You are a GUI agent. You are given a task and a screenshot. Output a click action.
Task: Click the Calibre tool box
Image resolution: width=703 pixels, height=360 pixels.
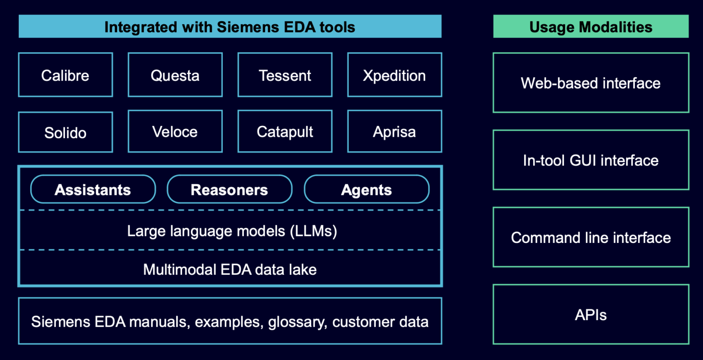click(x=65, y=75)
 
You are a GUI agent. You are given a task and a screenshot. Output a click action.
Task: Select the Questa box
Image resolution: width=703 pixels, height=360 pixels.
click(x=175, y=75)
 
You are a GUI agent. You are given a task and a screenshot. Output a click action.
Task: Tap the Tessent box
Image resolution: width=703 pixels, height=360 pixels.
click(x=285, y=75)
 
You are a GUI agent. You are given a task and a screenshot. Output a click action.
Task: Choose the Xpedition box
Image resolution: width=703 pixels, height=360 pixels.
click(x=394, y=75)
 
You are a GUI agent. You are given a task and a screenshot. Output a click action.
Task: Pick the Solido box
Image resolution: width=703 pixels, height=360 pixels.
click(x=65, y=132)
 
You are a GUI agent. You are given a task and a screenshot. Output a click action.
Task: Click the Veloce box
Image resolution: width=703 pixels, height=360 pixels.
click(x=175, y=132)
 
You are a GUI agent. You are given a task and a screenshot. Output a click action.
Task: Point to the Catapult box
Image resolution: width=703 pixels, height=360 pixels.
click(x=285, y=132)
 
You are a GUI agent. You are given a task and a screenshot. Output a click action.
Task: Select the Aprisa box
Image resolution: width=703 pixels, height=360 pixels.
click(x=394, y=132)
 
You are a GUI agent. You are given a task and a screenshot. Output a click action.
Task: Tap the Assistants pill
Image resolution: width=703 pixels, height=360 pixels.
click(x=93, y=189)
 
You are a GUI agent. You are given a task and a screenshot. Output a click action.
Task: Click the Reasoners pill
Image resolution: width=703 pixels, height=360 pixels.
click(x=229, y=189)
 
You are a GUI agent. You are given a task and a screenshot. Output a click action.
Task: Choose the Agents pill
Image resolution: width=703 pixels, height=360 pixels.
click(x=366, y=189)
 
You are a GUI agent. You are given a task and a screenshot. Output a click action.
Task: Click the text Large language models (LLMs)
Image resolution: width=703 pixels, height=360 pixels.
click(x=232, y=231)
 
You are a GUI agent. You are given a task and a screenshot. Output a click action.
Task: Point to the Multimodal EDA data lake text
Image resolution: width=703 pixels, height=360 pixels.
click(x=230, y=269)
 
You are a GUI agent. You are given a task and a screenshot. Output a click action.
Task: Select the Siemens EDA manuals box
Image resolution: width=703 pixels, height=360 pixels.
click(x=230, y=321)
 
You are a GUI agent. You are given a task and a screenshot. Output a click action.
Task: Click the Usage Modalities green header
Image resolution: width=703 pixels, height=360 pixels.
click(x=590, y=27)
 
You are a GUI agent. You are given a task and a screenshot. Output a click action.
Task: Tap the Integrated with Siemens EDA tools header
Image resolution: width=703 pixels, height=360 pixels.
click(x=230, y=27)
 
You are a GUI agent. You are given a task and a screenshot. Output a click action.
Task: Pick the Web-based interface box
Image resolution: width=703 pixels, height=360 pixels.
click(x=590, y=83)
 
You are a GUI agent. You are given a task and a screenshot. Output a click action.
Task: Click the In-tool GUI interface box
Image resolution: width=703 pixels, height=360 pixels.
click(x=590, y=160)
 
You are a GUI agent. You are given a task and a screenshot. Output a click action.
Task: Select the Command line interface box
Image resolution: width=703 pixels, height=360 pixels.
click(x=590, y=237)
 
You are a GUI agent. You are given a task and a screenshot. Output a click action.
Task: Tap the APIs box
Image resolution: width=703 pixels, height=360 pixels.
click(x=590, y=315)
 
